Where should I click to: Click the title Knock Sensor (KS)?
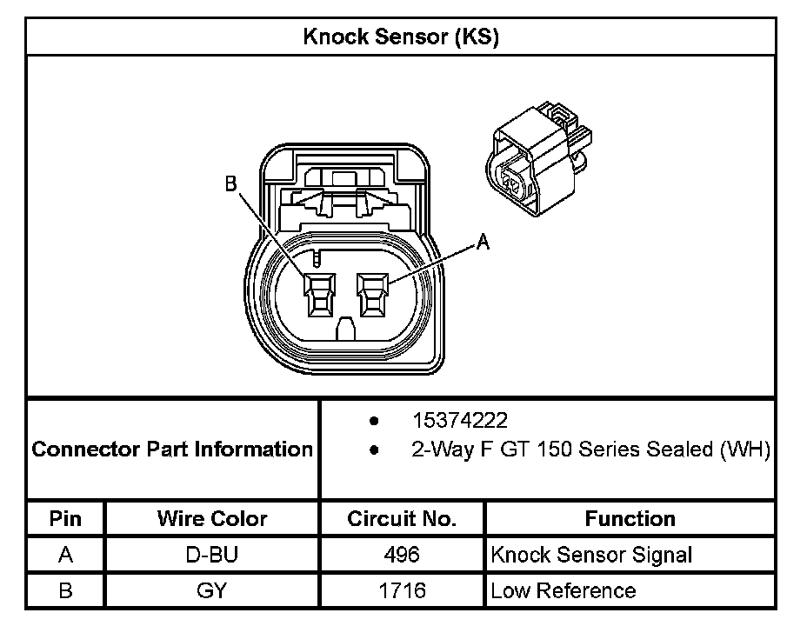(x=400, y=37)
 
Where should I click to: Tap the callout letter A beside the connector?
(x=483, y=243)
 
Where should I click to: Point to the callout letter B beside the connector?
(x=231, y=183)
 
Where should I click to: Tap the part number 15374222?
(x=460, y=422)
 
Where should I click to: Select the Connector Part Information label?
(x=172, y=450)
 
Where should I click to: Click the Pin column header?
(x=65, y=519)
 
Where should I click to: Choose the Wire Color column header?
(x=212, y=519)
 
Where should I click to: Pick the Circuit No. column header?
(x=402, y=519)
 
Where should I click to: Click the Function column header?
(x=630, y=519)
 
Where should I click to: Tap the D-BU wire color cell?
(x=212, y=555)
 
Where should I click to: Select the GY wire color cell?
(x=212, y=590)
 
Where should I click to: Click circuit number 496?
(x=402, y=555)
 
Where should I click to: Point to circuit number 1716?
(x=402, y=590)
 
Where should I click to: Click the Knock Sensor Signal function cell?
(x=591, y=555)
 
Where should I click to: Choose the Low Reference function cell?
(x=563, y=590)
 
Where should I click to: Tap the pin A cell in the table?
(x=65, y=555)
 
